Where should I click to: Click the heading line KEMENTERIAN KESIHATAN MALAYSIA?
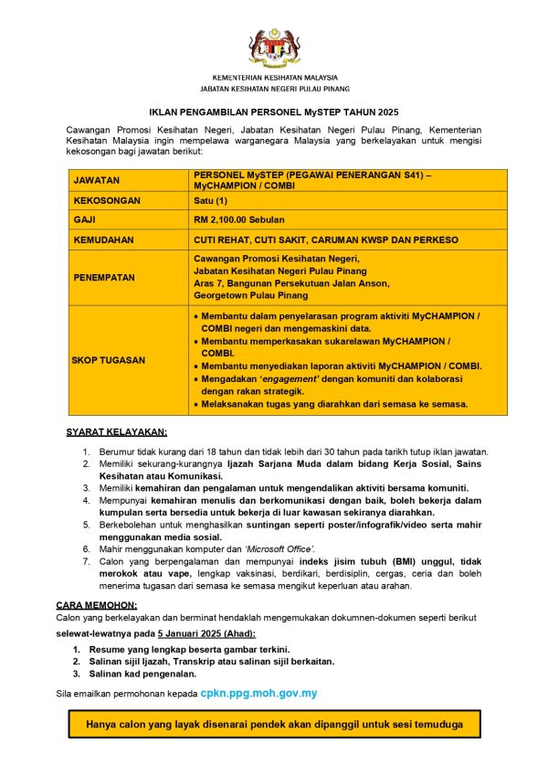(274, 78)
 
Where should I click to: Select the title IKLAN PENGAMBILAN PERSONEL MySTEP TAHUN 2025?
(274, 110)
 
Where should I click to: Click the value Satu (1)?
(213, 201)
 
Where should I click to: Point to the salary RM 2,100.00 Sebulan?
(240, 220)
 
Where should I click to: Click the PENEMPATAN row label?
(104, 277)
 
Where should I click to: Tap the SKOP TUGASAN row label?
(109, 360)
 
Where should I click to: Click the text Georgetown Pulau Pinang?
(250, 295)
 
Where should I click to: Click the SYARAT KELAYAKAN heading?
(116, 431)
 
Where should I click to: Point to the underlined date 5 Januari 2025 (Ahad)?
(206, 633)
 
